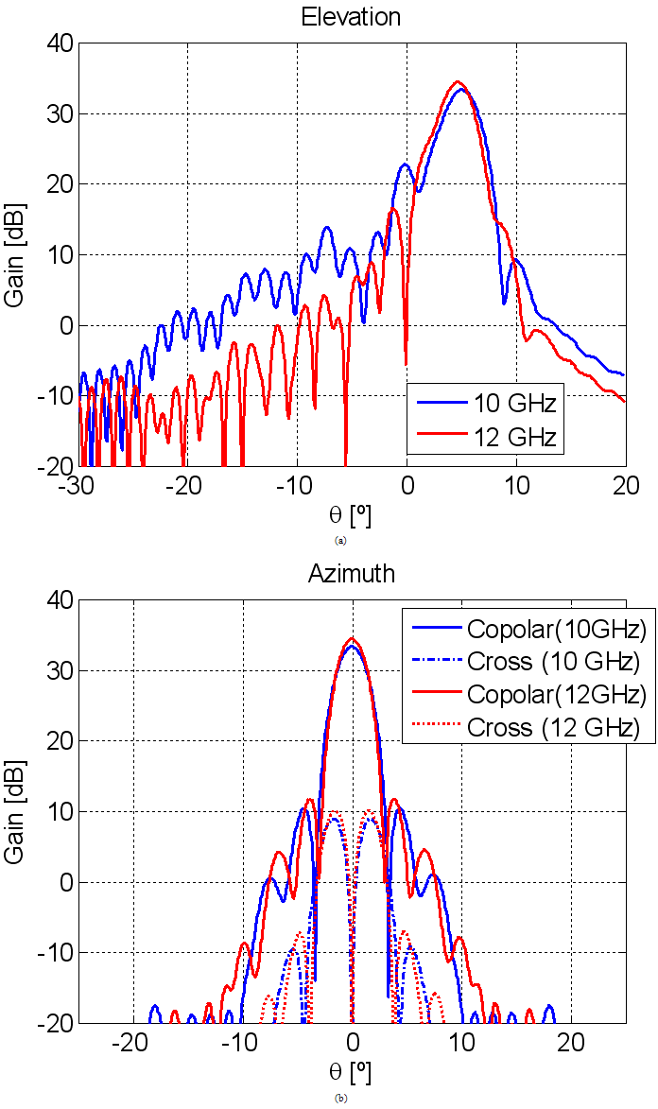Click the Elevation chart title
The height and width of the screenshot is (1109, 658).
351,16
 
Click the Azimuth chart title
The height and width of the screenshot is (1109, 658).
351,574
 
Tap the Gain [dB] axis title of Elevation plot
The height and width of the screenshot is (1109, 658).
16,255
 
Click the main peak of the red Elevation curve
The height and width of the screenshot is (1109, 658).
458,82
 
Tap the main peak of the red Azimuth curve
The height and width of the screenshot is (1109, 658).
352,638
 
